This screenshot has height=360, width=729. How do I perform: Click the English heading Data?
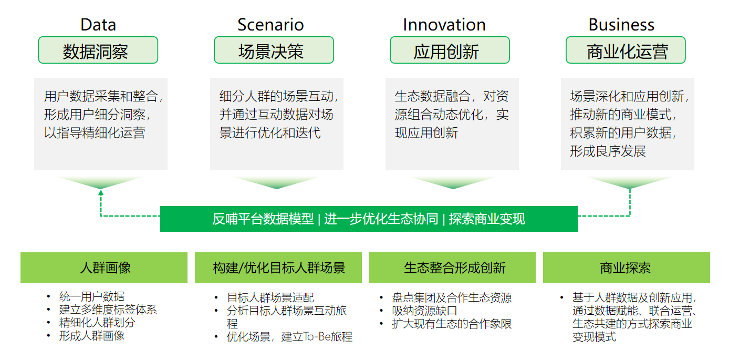(98, 25)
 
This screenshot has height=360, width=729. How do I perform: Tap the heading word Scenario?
(270, 25)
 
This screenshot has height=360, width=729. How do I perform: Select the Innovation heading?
(444, 25)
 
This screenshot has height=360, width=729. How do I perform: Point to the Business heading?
(621, 25)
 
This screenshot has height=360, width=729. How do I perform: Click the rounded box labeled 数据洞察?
(98, 50)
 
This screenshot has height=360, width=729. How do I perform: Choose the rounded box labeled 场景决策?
(274, 50)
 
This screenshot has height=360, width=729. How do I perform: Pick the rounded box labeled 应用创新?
(450, 50)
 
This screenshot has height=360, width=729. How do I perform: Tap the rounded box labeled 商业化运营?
(626, 50)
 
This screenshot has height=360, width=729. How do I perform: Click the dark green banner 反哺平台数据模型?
(369, 219)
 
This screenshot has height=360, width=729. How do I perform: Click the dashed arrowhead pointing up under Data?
(101, 192)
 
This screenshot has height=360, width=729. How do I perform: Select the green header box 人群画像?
(104, 268)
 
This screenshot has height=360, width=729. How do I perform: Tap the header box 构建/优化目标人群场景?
(278, 268)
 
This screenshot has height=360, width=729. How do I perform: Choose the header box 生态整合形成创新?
(452, 268)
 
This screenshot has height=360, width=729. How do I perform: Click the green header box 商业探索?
(627, 268)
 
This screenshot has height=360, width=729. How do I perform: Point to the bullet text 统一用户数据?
(92, 296)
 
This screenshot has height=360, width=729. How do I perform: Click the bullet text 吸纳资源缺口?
(424, 311)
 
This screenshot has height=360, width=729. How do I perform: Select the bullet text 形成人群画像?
(92, 336)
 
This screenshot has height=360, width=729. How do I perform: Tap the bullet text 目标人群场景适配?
(270, 297)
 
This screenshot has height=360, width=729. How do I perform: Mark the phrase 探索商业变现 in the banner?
(487, 219)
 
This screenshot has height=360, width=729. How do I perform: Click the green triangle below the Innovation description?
(453, 182)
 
